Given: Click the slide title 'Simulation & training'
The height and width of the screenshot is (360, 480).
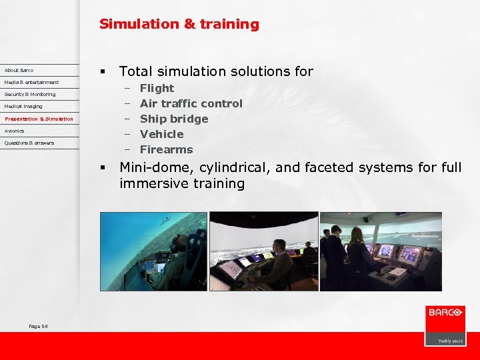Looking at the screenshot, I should [x=179, y=25].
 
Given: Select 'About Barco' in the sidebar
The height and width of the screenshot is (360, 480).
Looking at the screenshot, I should [x=19, y=70].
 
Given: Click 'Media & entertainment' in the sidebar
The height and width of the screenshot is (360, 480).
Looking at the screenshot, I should [x=31, y=82].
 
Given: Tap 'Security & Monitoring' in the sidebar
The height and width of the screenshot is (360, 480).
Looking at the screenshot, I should [x=30, y=94].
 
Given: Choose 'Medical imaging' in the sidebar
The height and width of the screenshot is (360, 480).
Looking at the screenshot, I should [x=23, y=106].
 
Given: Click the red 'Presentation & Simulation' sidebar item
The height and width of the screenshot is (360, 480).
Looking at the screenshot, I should [x=39, y=119].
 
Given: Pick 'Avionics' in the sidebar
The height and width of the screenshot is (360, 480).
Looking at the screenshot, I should [x=15, y=131].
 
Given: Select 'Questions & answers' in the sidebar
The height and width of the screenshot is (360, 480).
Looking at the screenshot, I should [x=29, y=143].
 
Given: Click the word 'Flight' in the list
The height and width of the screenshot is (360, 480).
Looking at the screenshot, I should [x=157, y=88].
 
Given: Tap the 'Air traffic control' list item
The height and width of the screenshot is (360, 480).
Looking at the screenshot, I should [x=191, y=103].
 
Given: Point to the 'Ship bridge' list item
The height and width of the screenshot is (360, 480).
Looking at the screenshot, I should [x=174, y=119].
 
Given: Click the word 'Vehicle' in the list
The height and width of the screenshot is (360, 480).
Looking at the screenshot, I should [x=161, y=134].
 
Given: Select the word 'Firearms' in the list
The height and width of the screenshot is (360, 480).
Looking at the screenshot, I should [x=166, y=149].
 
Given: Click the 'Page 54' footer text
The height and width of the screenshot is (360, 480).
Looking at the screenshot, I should [x=38, y=326].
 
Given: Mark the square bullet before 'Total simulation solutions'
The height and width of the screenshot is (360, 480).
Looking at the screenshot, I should [x=103, y=71].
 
